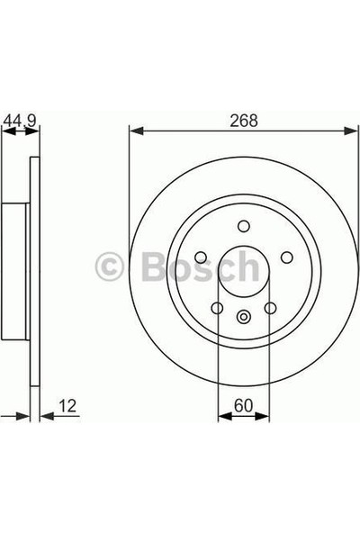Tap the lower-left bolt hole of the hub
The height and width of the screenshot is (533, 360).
[x=217, y=309]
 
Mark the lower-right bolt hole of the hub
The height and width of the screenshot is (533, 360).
[x=269, y=309]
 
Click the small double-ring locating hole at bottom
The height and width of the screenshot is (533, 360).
[x=243, y=315]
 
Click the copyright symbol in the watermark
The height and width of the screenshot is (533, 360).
[x=111, y=267]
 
